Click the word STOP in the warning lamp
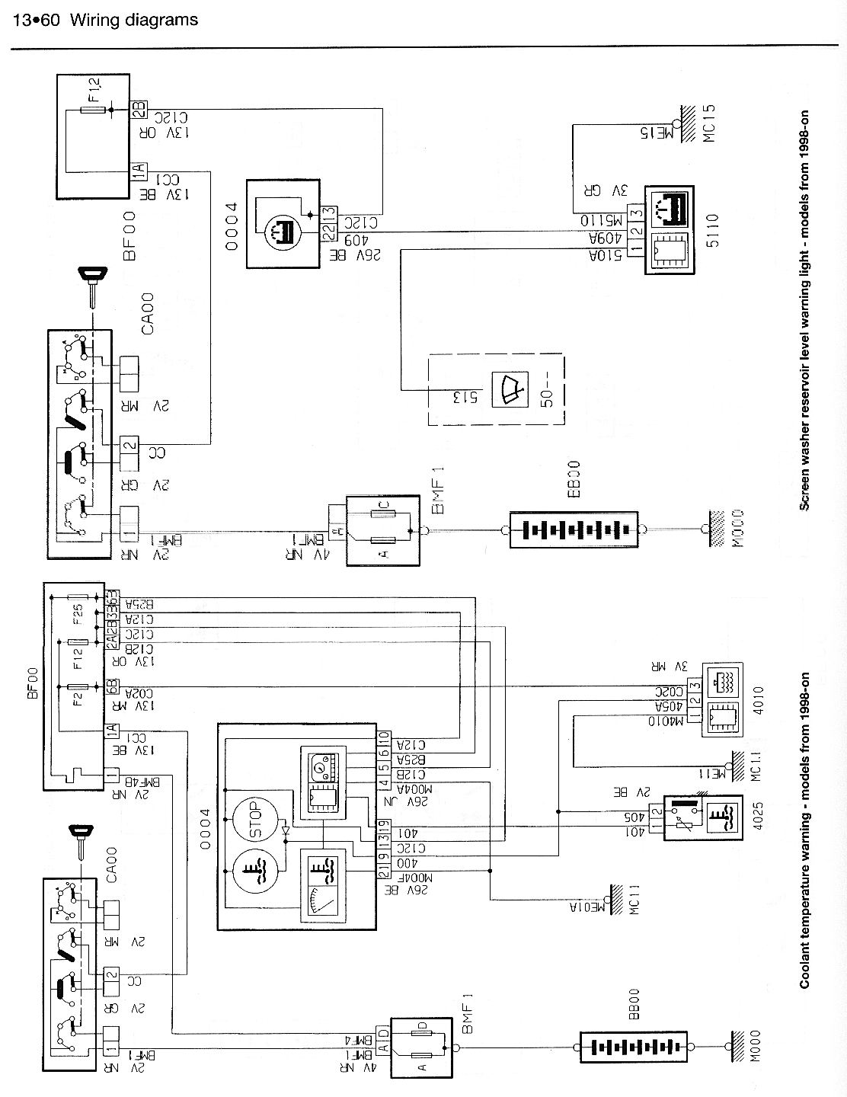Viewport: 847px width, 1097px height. [x=254, y=819]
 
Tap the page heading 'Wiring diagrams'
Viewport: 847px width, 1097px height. [x=133, y=21]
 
